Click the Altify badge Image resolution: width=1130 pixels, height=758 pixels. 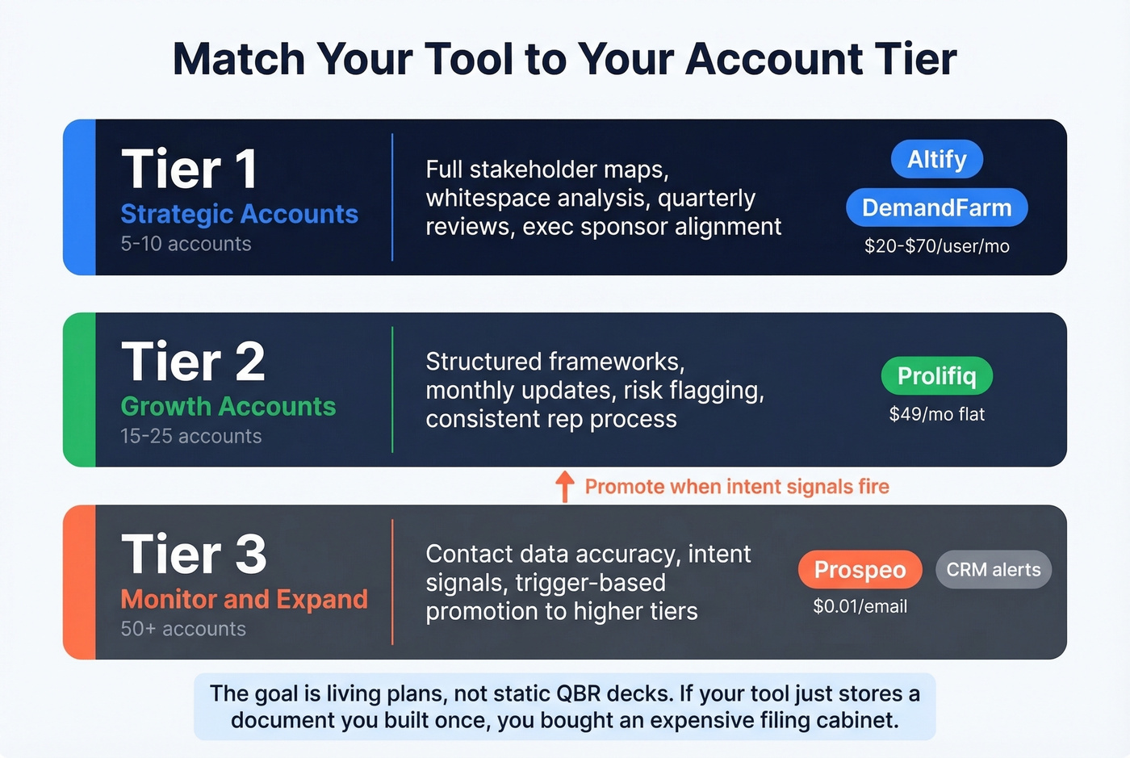[x=936, y=159]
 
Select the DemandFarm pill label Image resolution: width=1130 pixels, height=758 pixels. [x=936, y=207]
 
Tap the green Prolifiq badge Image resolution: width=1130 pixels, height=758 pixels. [x=936, y=375]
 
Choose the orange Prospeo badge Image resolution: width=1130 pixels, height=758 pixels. [x=860, y=569]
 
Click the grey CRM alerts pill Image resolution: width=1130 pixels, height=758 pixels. [x=993, y=569]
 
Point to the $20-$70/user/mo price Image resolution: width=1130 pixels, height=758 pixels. [x=936, y=246]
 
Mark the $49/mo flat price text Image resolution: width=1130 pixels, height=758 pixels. [x=936, y=414]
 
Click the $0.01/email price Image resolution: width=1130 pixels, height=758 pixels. [x=860, y=606]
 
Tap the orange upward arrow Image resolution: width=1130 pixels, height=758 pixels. [x=565, y=486]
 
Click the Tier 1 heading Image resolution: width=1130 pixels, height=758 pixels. [x=190, y=170]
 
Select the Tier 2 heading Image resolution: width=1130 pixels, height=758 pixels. [x=193, y=362]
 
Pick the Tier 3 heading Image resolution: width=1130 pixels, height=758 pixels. [x=194, y=555]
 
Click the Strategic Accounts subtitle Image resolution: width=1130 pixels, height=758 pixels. [x=239, y=214]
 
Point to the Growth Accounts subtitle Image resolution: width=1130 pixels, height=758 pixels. [x=228, y=406]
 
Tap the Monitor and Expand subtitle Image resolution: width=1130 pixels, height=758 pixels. [x=244, y=599]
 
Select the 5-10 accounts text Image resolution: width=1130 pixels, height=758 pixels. [x=186, y=244]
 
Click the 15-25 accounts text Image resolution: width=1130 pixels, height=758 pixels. [x=190, y=436]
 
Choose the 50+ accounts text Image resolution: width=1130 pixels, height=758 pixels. [x=183, y=629]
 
